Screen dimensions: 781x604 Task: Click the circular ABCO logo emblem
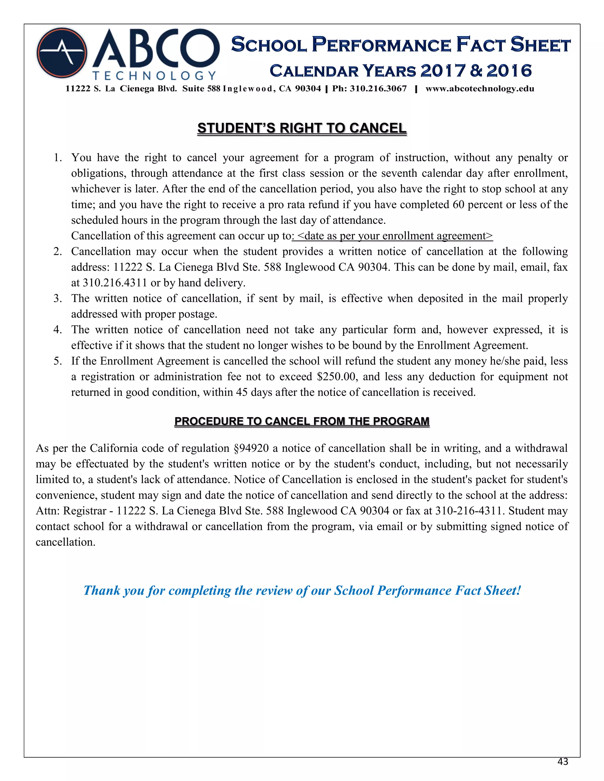point(62,53)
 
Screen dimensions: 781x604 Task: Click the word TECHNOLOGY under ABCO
point(154,76)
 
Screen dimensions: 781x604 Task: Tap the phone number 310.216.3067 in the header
point(378,89)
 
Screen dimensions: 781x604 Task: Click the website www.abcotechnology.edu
point(480,89)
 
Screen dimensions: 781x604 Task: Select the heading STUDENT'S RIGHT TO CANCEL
point(302,128)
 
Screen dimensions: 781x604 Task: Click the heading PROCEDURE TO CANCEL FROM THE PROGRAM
point(302,421)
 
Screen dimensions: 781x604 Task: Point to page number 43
point(562,762)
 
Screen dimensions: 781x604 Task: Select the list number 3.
point(57,299)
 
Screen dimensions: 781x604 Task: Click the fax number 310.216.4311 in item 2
point(115,283)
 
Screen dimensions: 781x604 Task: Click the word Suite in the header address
point(193,89)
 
